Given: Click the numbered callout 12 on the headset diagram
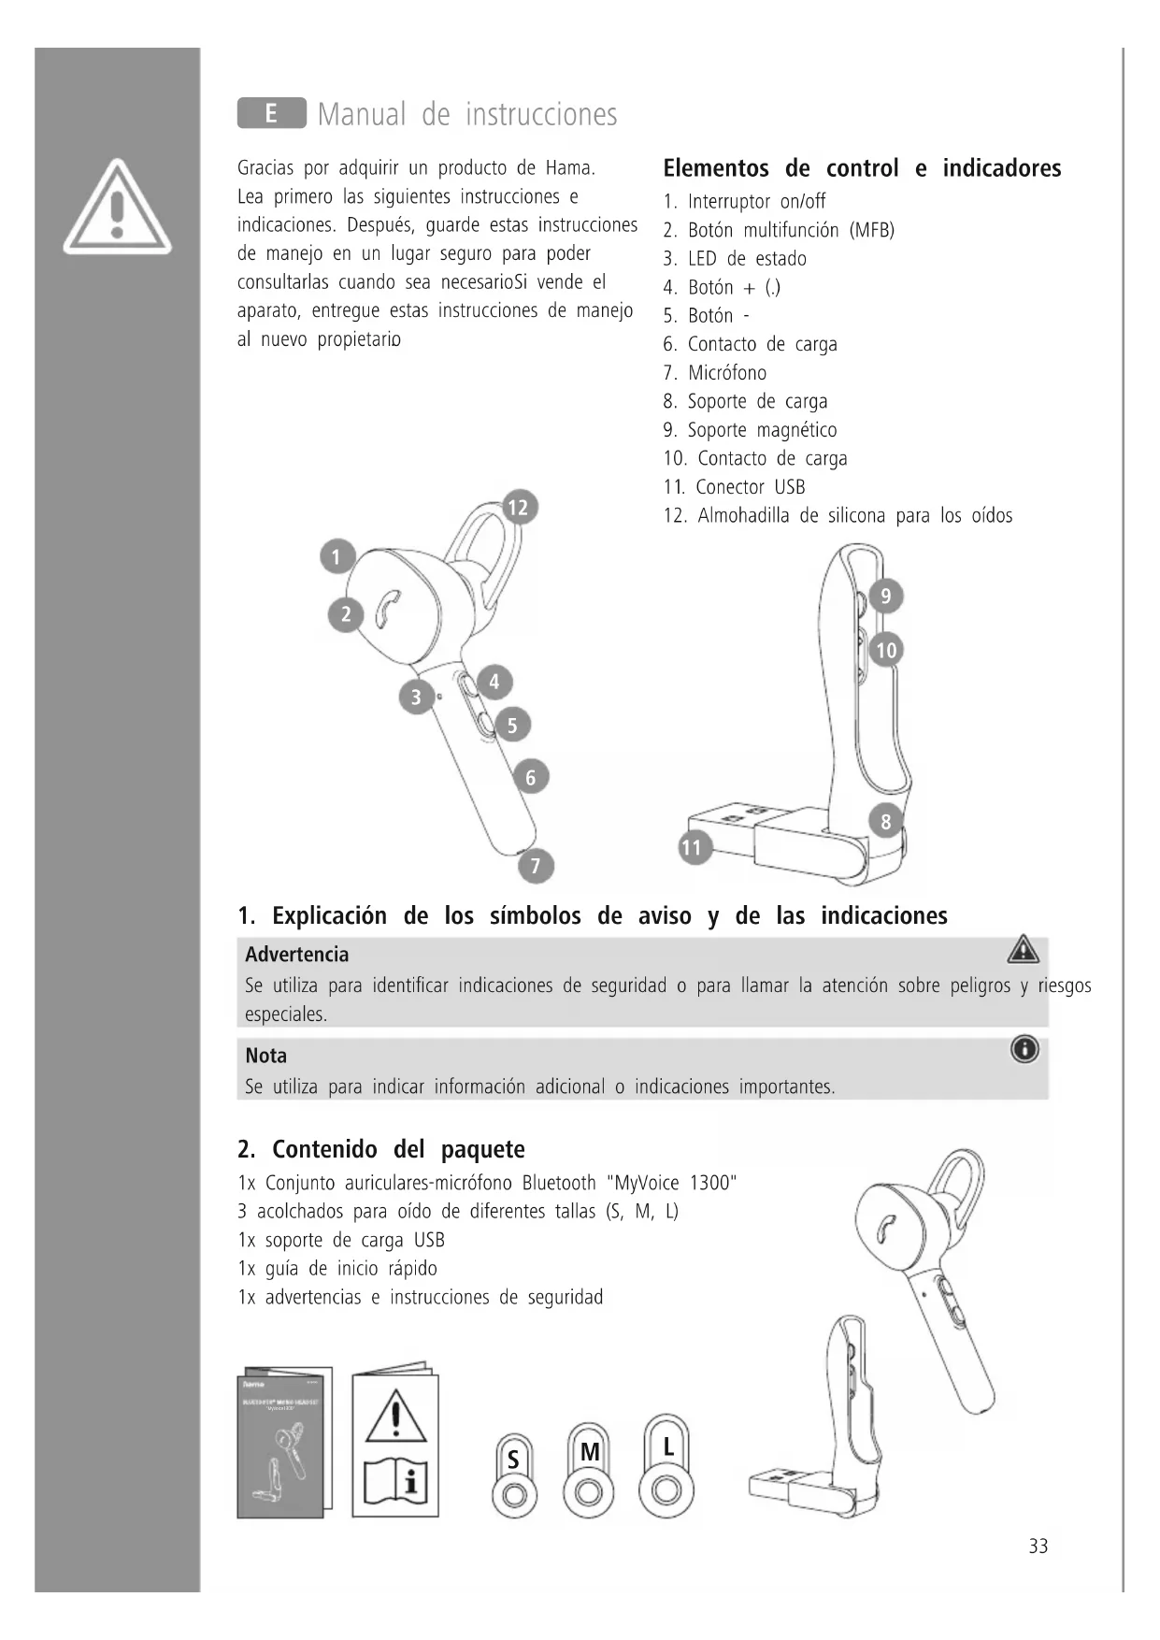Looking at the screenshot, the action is pos(517,508).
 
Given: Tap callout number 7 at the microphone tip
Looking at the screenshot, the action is pos(536,866).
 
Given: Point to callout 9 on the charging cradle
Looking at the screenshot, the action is pos(886,596).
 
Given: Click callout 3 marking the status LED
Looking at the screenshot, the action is pos(416,697).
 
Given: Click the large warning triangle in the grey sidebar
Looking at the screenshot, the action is pos(117,208).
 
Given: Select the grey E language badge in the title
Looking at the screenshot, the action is pos(271,113).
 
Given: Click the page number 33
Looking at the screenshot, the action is pos(1038,1546).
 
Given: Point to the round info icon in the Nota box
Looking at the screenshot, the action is pos(1024,1050).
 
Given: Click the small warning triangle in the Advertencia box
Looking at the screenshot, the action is pos(1024,950).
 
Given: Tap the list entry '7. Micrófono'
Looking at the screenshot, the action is pos(715,373).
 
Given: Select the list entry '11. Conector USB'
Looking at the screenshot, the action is pos(735,487).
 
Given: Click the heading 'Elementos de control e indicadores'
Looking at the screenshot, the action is pos(862,168).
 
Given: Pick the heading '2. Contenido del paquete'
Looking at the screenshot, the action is pos(381,1149).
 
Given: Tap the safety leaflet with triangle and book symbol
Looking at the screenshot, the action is pos(395,1441).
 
